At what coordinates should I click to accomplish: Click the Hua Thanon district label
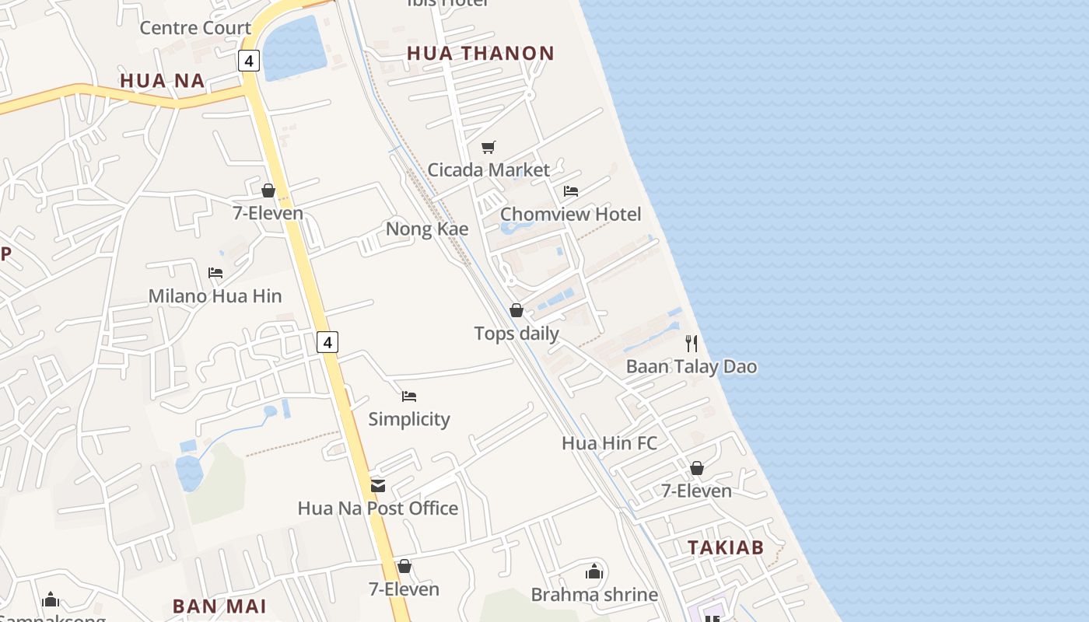[x=481, y=54]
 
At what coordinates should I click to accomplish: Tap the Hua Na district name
[x=162, y=81]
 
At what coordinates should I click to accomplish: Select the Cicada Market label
[x=488, y=169]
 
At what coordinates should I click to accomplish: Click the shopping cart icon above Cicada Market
[x=488, y=147]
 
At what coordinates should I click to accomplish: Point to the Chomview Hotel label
[x=570, y=214]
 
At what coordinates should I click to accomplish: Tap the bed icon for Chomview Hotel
[x=571, y=191]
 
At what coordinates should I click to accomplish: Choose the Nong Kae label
[x=427, y=229]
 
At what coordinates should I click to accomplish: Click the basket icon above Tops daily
[x=516, y=311]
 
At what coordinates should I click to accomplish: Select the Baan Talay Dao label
[x=692, y=366]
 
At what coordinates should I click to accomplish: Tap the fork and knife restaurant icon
[x=692, y=344]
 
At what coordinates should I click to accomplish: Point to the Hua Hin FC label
[x=609, y=443]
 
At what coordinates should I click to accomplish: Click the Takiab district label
[x=725, y=547]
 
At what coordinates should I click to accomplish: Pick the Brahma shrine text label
[x=594, y=595]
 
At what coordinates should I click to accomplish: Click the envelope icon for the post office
[x=378, y=486]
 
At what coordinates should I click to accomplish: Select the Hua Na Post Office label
[x=378, y=508]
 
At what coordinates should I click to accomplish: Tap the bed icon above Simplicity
[x=409, y=397]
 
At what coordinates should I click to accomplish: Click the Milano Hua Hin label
[x=215, y=296]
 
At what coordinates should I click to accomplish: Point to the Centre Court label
[x=195, y=29]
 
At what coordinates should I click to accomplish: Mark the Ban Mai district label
[x=219, y=606]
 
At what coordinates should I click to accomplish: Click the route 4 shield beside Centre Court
[x=248, y=61]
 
